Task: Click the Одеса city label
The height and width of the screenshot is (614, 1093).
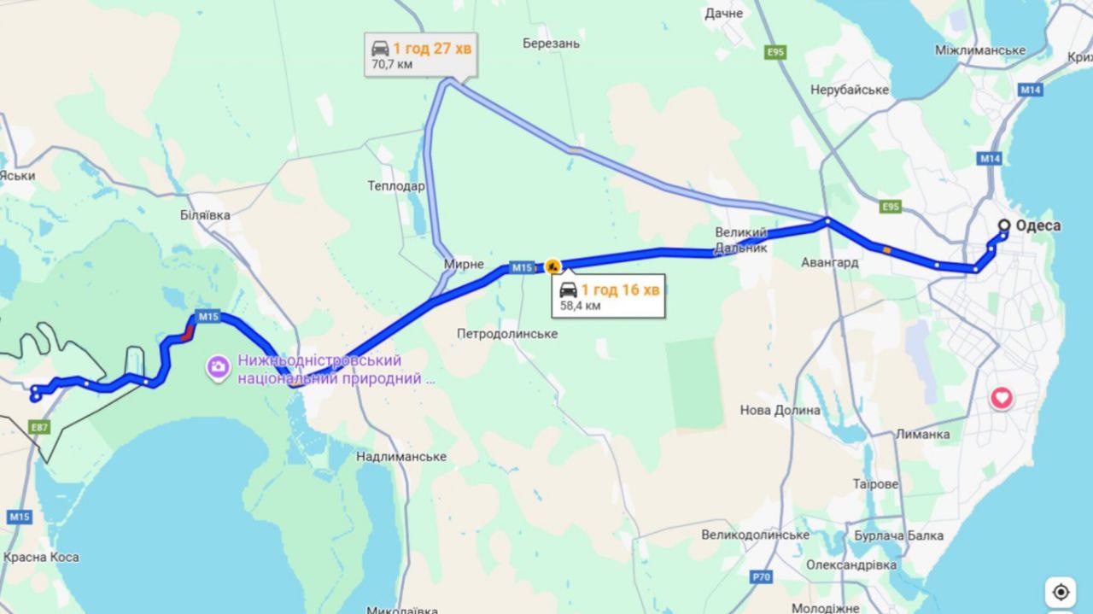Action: (1038, 226)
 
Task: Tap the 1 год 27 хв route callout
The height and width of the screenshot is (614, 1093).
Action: (420, 56)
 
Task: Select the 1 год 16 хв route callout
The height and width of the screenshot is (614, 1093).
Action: (609, 296)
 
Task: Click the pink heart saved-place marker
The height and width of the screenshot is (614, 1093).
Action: (1002, 398)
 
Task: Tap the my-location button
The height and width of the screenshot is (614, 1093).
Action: (1061, 592)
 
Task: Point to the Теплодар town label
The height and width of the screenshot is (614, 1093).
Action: (396, 186)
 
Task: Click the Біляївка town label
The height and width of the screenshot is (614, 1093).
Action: (206, 215)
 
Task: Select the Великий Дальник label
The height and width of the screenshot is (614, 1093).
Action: (741, 240)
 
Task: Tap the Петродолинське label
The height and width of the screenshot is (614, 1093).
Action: (507, 334)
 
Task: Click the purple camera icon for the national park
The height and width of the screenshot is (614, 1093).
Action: (219, 368)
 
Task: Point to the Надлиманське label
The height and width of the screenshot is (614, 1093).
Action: (401, 457)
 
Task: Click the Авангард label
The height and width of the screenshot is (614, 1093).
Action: (830, 263)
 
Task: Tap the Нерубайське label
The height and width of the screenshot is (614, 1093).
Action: (850, 90)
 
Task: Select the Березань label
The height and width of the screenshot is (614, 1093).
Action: (551, 44)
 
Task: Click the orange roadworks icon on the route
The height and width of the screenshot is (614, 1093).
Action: (552, 267)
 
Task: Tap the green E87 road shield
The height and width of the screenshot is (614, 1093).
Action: (39, 425)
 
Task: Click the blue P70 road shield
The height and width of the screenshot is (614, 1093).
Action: (761, 577)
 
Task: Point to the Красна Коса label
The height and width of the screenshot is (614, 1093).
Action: (41, 558)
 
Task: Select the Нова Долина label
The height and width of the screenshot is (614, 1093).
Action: (780, 410)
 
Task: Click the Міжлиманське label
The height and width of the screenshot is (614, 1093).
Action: (979, 50)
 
